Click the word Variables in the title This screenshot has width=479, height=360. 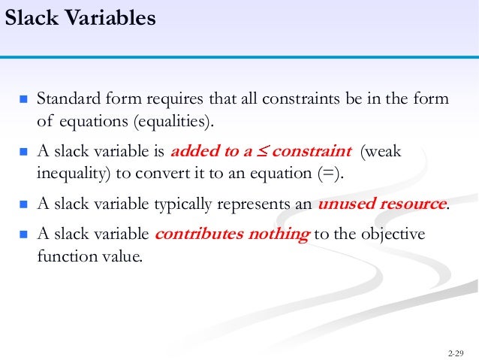pos(109,17)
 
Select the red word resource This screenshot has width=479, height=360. pos(412,204)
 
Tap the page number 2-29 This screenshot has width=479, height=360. pos(455,352)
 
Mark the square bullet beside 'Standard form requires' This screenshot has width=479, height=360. pos(23,100)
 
